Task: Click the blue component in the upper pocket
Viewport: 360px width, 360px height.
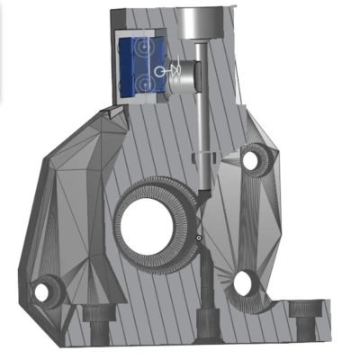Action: tap(140, 63)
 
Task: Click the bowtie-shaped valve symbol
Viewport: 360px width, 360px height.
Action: tap(177, 69)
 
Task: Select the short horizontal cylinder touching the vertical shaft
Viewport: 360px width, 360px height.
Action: tap(182, 82)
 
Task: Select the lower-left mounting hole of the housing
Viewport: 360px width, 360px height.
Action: tap(40, 292)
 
